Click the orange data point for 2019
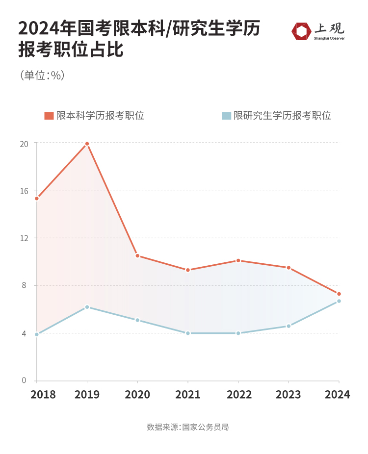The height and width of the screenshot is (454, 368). (87, 144)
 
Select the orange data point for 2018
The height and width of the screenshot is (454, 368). (37, 199)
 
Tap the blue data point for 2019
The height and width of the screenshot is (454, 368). (87, 307)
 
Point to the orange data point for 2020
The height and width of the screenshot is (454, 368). (137, 255)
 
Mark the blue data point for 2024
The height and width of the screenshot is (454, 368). (339, 301)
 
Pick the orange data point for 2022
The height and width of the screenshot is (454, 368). (238, 260)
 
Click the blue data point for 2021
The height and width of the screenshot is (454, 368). (188, 333)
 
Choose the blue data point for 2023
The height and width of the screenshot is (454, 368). (289, 326)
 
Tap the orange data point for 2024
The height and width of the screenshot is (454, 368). (339, 294)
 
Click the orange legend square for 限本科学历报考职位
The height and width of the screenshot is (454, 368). (49, 116)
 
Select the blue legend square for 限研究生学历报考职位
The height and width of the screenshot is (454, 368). (226, 116)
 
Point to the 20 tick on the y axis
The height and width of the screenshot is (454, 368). (24, 143)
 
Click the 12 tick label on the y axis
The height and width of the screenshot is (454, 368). (24, 238)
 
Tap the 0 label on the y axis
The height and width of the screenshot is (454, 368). (24, 380)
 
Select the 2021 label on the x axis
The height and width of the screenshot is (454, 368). (188, 395)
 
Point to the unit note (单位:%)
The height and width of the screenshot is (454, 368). (43, 76)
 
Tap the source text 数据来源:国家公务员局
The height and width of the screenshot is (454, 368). (188, 427)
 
